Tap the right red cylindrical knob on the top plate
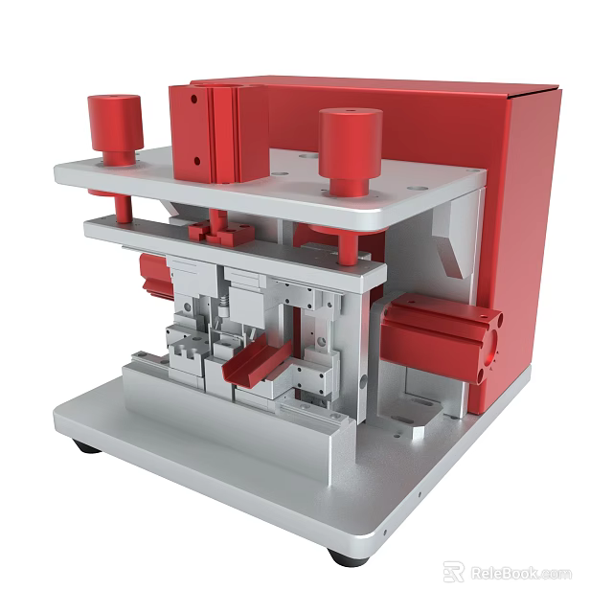(x=350, y=148)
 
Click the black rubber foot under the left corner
(x=86, y=446)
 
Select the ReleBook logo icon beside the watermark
(x=453, y=572)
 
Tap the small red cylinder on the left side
(x=154, y=274)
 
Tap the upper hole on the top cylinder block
(x=193, y=99)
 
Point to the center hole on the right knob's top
(x=350, y=116)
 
